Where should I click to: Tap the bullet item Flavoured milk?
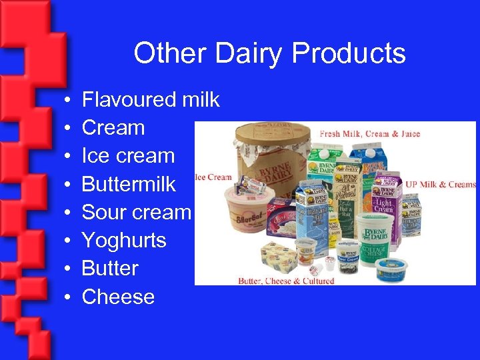click(151, 100)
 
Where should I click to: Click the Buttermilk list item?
click(129, 184)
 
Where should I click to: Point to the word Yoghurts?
click(124, 240)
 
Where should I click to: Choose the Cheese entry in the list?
click(118, 297)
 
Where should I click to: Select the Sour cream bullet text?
click(136, 212)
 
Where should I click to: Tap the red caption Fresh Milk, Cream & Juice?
click(370, 133)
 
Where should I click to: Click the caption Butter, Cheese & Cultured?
click(286, 280)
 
